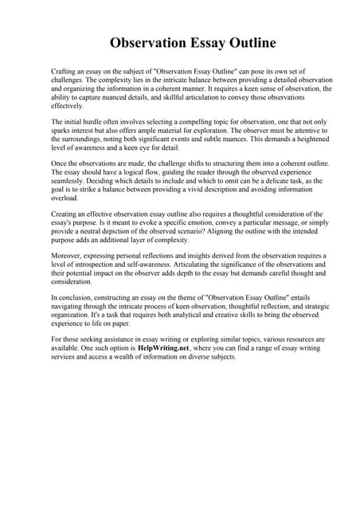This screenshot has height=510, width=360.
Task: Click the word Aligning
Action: click(231, 233)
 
